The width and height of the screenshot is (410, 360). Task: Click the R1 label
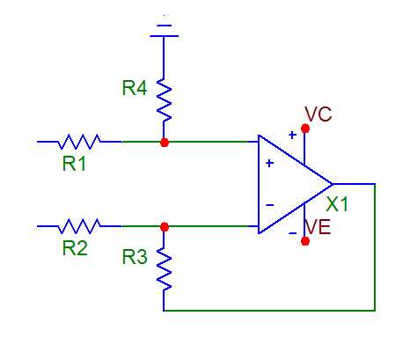(74, 164)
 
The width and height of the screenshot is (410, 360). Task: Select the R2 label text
(75, 248)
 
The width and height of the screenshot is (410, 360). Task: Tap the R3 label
(135, 257)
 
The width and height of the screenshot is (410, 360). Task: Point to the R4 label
(135, 88)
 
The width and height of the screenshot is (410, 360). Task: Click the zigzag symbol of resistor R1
(79, 142)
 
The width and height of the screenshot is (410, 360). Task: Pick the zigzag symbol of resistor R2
(79, 226)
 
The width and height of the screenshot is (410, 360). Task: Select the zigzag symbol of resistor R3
(164, 269)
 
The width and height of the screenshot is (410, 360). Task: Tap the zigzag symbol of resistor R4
(164, 100)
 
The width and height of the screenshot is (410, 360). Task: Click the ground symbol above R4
(164, 31)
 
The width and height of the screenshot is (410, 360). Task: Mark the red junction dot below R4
(165, 143)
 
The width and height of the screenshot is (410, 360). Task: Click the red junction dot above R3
(165, 227)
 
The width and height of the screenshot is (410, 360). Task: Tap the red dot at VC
(305, 129)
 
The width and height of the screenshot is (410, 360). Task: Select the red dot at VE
(305, 241)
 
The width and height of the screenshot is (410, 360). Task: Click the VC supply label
(318, 114)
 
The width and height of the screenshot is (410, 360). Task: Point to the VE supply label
(318, 227)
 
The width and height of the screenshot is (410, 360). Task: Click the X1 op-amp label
(337, 204)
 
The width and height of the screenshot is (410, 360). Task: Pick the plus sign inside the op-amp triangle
(270, 163)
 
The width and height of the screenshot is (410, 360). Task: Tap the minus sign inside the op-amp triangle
(270, 205)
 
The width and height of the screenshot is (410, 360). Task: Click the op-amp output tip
(333, 184)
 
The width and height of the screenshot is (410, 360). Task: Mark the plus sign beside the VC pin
(292, 135)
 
